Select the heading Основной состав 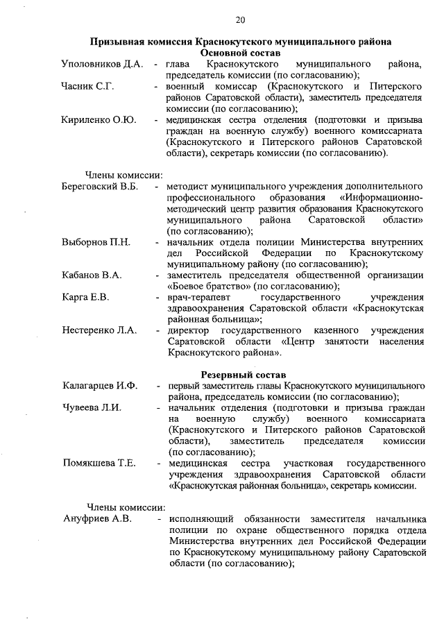239,53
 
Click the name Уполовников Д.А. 102,65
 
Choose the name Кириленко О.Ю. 99,119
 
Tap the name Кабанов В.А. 92,275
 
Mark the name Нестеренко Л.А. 99,330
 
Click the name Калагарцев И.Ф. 100,386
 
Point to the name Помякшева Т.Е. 99,463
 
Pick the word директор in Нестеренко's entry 189,330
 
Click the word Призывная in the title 121,42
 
